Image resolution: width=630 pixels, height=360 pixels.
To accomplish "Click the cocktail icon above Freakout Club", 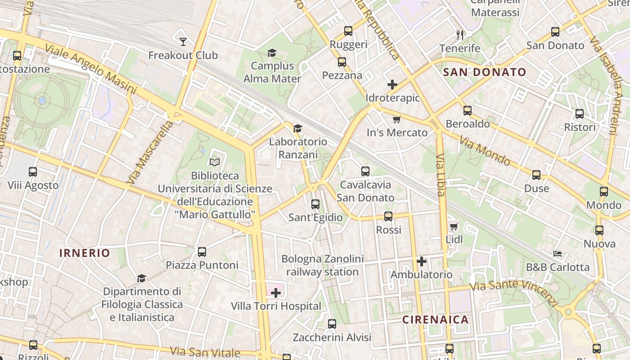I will (x=183, y=42).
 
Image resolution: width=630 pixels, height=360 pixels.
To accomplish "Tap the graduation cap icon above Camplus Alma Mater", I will (x=272, y=53).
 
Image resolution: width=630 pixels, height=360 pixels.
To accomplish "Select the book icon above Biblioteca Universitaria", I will (x=215, y=162).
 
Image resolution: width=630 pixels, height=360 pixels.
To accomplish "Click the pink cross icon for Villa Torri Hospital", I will (x=276, y=293).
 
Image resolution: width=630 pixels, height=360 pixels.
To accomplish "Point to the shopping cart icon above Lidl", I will (x=454, y=226).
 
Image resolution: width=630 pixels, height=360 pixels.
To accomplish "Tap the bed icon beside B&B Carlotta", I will (x=558, y=254).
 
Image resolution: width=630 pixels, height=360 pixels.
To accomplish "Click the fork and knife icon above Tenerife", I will (x=459, y=35).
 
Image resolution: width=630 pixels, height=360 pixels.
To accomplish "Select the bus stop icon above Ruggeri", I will (x=348, y=31).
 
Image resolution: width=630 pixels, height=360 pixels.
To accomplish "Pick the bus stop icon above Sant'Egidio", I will (x=315, y=204).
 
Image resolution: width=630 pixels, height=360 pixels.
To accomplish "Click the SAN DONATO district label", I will (x=485, y=72).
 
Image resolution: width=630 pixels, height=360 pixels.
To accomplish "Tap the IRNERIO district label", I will (x=85, y=253).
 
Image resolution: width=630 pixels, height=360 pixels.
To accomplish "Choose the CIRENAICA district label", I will (x=435, y=320).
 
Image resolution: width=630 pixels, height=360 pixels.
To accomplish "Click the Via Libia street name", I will (x=441, y=175).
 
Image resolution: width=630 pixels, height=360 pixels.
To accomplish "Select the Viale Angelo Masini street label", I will (x=90, y=69).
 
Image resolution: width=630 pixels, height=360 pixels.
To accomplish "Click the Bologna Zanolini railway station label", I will (x=322, y=265).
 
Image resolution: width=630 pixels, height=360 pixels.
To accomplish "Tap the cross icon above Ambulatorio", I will (x=422, y=261).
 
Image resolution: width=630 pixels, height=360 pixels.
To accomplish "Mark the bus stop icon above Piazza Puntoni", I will (x=202, y=252).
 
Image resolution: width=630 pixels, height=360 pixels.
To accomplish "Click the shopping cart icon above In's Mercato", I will (x=396, y=119).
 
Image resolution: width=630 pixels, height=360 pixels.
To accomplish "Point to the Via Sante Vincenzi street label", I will (x=513, y=290).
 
